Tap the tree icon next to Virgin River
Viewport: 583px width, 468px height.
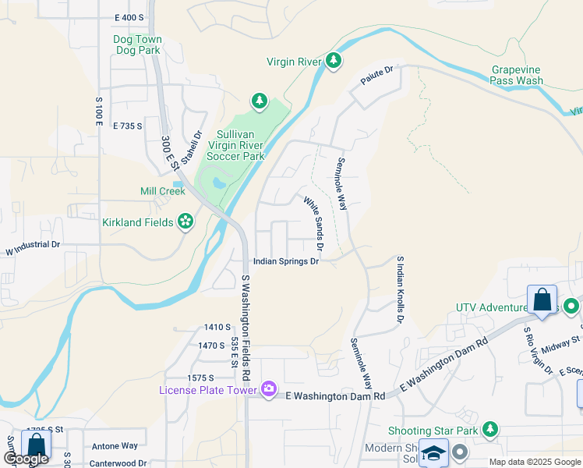[334, 61]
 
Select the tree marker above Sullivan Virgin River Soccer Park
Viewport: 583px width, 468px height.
[259, 101]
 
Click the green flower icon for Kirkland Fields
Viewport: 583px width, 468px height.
[185, 222]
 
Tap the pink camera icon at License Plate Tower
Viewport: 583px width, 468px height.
[269, 388]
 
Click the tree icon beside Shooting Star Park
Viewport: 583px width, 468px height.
[489, 430]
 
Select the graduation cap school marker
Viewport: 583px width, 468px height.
[433, 453]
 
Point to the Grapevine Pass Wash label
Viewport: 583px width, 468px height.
[517, 75]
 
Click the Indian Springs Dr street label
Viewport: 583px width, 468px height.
[286, 262]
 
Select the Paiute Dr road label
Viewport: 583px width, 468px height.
[376, 76]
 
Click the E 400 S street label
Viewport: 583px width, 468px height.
[129, 17]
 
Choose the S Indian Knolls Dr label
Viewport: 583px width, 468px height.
[401, 290]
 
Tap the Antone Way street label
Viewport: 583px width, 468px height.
[115, 445]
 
